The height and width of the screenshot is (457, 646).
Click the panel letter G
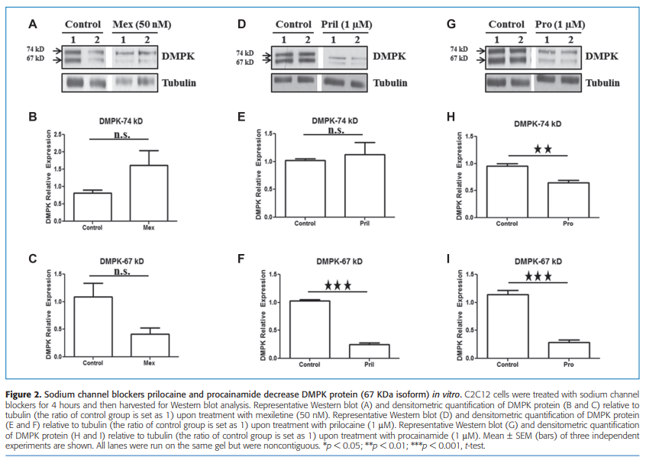[x=451, y=24]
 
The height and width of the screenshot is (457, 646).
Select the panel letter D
[x=241, y=24]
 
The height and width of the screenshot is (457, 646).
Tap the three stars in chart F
[x=338, y=285]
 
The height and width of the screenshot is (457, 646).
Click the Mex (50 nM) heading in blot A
[x=141, y=24]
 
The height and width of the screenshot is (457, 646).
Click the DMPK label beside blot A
[x=180, y=56]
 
